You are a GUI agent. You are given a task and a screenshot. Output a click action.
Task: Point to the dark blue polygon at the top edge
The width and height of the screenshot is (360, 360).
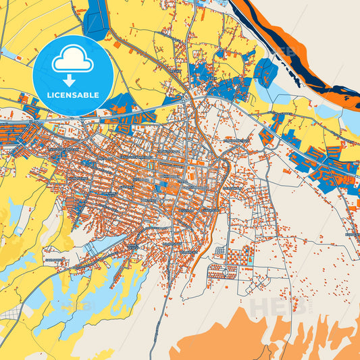pos(95,18)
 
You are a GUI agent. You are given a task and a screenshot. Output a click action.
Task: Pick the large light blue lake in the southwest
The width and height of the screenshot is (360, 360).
pos(101,297)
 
